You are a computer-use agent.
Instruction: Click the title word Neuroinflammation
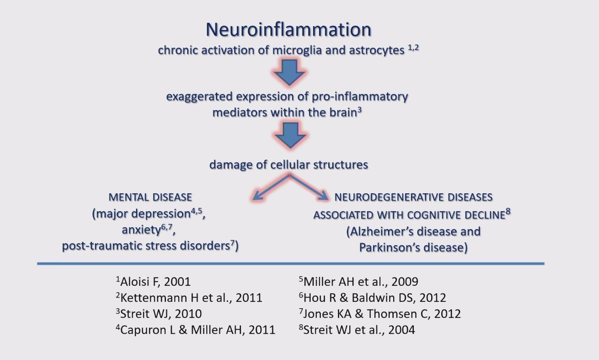288,30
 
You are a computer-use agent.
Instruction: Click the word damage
229,164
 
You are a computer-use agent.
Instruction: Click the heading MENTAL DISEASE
150,197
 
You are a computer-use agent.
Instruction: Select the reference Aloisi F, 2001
155,282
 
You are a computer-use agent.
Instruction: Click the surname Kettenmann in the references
152,298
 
